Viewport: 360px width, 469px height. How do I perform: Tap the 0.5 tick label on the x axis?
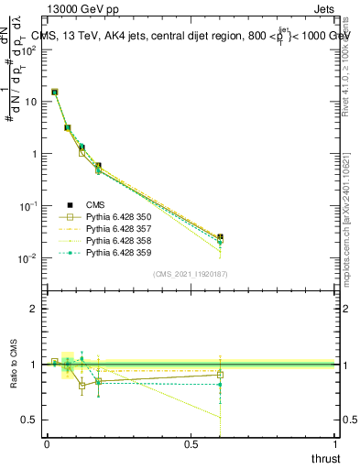191,443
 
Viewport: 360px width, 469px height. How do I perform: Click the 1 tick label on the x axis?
335,443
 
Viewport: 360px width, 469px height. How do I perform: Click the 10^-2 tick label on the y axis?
27,258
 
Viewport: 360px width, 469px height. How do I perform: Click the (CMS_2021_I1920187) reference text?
191,273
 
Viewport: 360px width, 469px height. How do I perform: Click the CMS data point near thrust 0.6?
220,237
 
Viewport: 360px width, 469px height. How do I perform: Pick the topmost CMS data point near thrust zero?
55,92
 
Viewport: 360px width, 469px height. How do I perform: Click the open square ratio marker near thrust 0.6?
220,374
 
